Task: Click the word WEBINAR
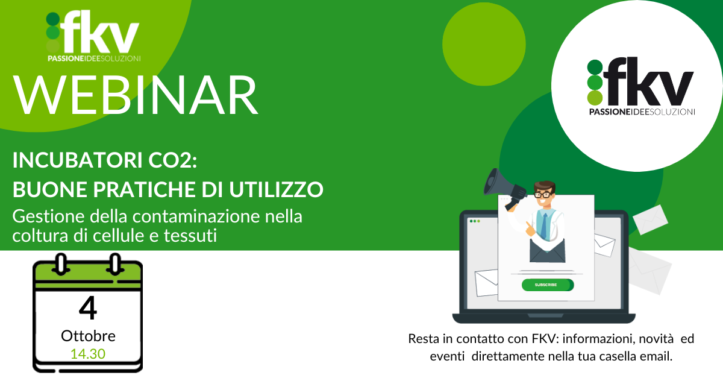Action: click(x=136, y=95)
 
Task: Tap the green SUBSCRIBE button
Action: click(x=548, y=285)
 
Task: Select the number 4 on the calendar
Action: click(x=88, y=309)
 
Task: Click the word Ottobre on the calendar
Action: click(x=88, y=336)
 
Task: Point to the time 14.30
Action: click(x=88, y=354)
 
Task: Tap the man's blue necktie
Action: click(x=544, y=226)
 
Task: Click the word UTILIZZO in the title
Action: click(x=277, y=189)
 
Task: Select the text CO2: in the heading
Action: click(x=173, y=160)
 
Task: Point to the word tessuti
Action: click(x=190, y=236)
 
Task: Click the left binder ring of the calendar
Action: click(x=61, y=264)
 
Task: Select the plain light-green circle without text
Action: click(x=484, y=44)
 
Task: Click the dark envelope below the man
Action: click(x=548, y=250)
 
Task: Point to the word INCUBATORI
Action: click(x=78, y=160)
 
